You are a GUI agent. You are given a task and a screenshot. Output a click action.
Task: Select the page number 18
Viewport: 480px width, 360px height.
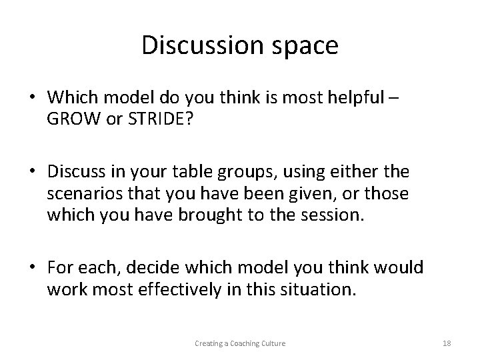[447, 343]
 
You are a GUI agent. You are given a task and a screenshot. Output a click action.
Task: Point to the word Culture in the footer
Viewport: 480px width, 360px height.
[273, 343]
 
